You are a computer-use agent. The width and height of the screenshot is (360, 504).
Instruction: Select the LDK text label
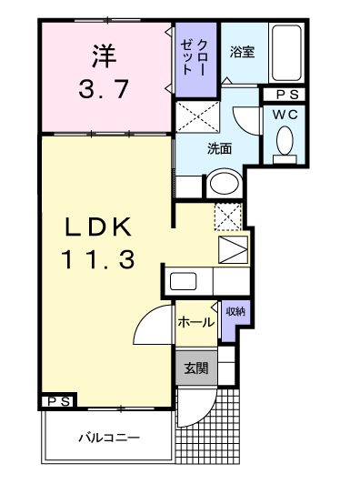point(100,227)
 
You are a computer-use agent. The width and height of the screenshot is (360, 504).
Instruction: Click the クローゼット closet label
point(195,56)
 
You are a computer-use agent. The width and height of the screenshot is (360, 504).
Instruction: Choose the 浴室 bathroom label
point(242,52)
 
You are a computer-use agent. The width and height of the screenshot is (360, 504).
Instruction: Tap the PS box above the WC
point(287,95)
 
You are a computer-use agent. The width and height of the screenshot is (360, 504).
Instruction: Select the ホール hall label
point(195,322)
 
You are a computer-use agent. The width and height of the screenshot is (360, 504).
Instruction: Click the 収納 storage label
point(235,312)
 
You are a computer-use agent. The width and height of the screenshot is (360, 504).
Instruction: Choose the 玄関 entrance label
point(195,368)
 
